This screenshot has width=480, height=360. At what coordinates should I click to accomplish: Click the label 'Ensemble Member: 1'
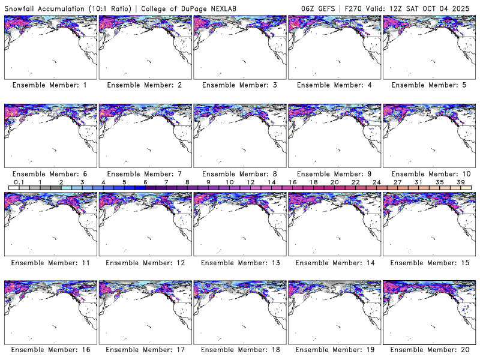coord(50,85)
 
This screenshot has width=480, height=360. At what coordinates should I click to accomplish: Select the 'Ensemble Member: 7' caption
coord(144,173)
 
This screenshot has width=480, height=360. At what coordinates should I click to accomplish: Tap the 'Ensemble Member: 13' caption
coord(239,262)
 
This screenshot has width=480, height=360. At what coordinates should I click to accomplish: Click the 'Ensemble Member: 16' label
coord(50,350)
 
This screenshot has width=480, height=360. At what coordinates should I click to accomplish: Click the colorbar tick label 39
coord(460,182)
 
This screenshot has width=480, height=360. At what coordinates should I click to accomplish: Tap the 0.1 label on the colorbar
coord(19,182)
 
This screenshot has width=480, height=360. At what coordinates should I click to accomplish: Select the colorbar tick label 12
coord(250,182)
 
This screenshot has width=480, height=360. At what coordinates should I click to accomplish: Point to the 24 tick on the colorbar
coord(376,182)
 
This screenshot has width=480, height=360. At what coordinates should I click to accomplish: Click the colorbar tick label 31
coord(418,182)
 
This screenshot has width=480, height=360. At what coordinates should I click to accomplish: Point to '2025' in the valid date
coord(465,8)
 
